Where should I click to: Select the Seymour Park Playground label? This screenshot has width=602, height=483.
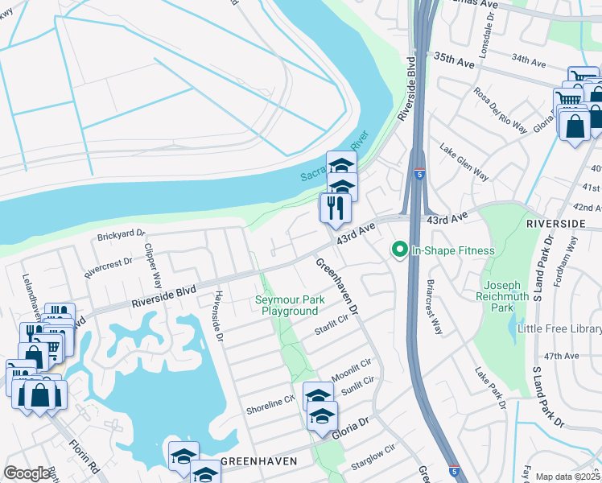(287, 306)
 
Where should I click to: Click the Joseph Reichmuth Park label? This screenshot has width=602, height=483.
(512, 296)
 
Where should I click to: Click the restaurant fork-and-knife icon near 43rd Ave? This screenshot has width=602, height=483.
(333, 208)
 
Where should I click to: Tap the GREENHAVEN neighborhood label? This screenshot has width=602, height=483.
(259, 461)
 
